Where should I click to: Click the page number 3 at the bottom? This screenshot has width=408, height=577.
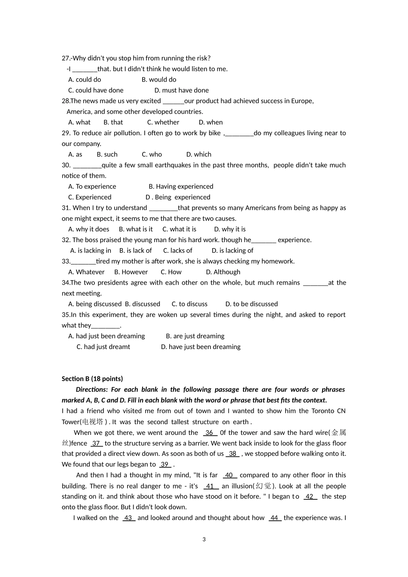pyautogui.click(x=204, y=540)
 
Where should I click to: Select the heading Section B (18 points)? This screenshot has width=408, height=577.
pyautogui.click(x=92, y=379)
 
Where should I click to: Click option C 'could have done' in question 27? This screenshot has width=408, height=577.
pyautogui.click(x=96, y=90)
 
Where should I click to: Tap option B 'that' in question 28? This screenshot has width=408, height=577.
pyautogui.click(x=113, y=122)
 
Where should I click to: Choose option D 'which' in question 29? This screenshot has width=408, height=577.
pyautogui.click(x=199, y=155)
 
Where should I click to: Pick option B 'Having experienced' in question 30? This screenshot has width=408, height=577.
pyautogui.click(x=181, y=186)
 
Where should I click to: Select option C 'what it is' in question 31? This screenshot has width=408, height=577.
pyautogui.click(x=179, y=229)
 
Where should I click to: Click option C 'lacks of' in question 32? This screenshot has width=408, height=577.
pyautogui.click(x=178, y=251)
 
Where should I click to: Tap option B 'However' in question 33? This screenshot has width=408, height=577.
pyautogui.click(x=131, y=272)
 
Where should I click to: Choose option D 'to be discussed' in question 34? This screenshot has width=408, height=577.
pyautogui.click(x=251, y=304)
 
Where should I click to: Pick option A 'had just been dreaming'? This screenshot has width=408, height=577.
pyautogui.click(x=107, y=336)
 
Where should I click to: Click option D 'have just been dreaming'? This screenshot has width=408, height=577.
pyautogui.click(x=201, y=347)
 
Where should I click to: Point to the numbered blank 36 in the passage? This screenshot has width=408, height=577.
pyautogui.click(x=210, y=433)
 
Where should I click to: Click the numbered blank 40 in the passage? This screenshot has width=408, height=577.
pyautogui.click(x=229, y=475)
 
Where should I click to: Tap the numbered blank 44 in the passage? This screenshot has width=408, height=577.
pyautogui.click(x=274, y=518)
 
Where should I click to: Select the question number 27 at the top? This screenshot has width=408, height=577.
pyautogui.click(x=66, y=58)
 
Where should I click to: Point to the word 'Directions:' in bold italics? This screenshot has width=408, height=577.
pyautogui.click(x=91, y=390)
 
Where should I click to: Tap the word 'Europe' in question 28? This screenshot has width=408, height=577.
pyautogui.click(x=302, y=101)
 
